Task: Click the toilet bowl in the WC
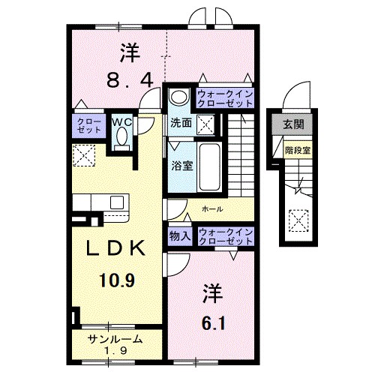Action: click(x=121, y=138)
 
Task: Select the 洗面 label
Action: click(x=180, y=121)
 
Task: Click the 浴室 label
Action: click(x=181, y=166)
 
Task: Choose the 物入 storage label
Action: click(x=180, y=236)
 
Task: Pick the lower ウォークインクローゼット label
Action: click(x=224, y=236)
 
